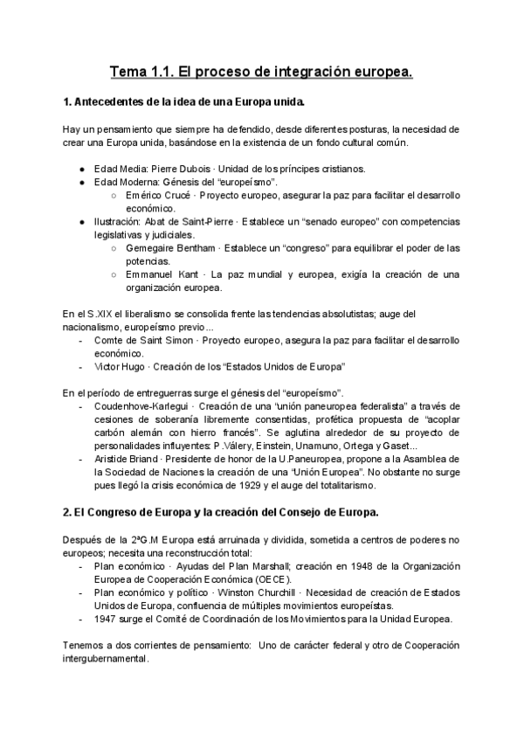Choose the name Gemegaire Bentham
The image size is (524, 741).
169,248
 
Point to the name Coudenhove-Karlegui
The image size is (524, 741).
142,405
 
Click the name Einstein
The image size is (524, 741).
279,445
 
